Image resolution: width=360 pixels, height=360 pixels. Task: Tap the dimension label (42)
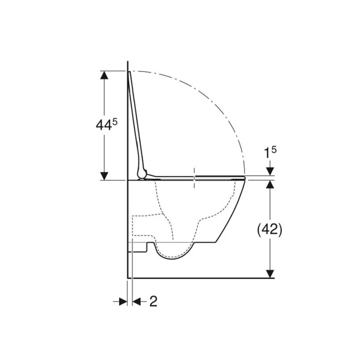coord(270,229)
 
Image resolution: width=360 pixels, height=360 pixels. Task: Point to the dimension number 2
coord(153,301)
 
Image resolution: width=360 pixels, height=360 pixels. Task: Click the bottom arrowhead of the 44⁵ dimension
coord(104,175)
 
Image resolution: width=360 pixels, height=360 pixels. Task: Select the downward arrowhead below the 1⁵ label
coord(270,171)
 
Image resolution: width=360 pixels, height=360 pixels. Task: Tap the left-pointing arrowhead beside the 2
coord(137,301)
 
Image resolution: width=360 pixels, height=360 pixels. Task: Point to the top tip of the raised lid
coord(130,72)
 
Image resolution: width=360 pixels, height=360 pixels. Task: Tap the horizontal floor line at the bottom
coord(200,277)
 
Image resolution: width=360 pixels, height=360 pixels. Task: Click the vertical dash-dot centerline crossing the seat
coord(193,178)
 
